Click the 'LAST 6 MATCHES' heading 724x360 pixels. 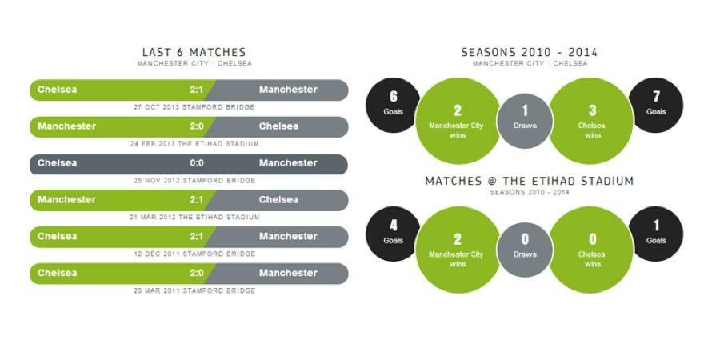194,52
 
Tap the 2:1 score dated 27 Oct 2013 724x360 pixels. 196,90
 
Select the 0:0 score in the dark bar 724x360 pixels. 196,163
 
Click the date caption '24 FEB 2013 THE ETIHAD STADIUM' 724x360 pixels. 194,144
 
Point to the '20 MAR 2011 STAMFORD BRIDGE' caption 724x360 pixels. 194,290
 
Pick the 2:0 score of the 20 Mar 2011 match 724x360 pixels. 196,273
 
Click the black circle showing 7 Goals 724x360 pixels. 656,106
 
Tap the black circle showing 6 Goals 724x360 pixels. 393,106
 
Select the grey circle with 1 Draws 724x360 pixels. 525,121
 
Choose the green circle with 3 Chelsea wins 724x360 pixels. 591,121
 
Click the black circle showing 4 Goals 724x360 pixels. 393,234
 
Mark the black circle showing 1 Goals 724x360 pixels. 656,234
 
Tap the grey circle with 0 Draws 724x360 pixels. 525,250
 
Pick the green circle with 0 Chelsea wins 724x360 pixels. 591,250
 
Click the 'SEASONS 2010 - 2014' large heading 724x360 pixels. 529,52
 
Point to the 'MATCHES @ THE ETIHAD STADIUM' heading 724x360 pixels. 529,181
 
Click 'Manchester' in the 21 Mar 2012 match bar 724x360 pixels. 67,200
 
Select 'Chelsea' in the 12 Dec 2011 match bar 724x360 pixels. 58,236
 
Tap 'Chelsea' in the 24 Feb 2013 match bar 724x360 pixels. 278,126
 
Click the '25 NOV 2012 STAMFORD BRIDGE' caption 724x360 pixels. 194,181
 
